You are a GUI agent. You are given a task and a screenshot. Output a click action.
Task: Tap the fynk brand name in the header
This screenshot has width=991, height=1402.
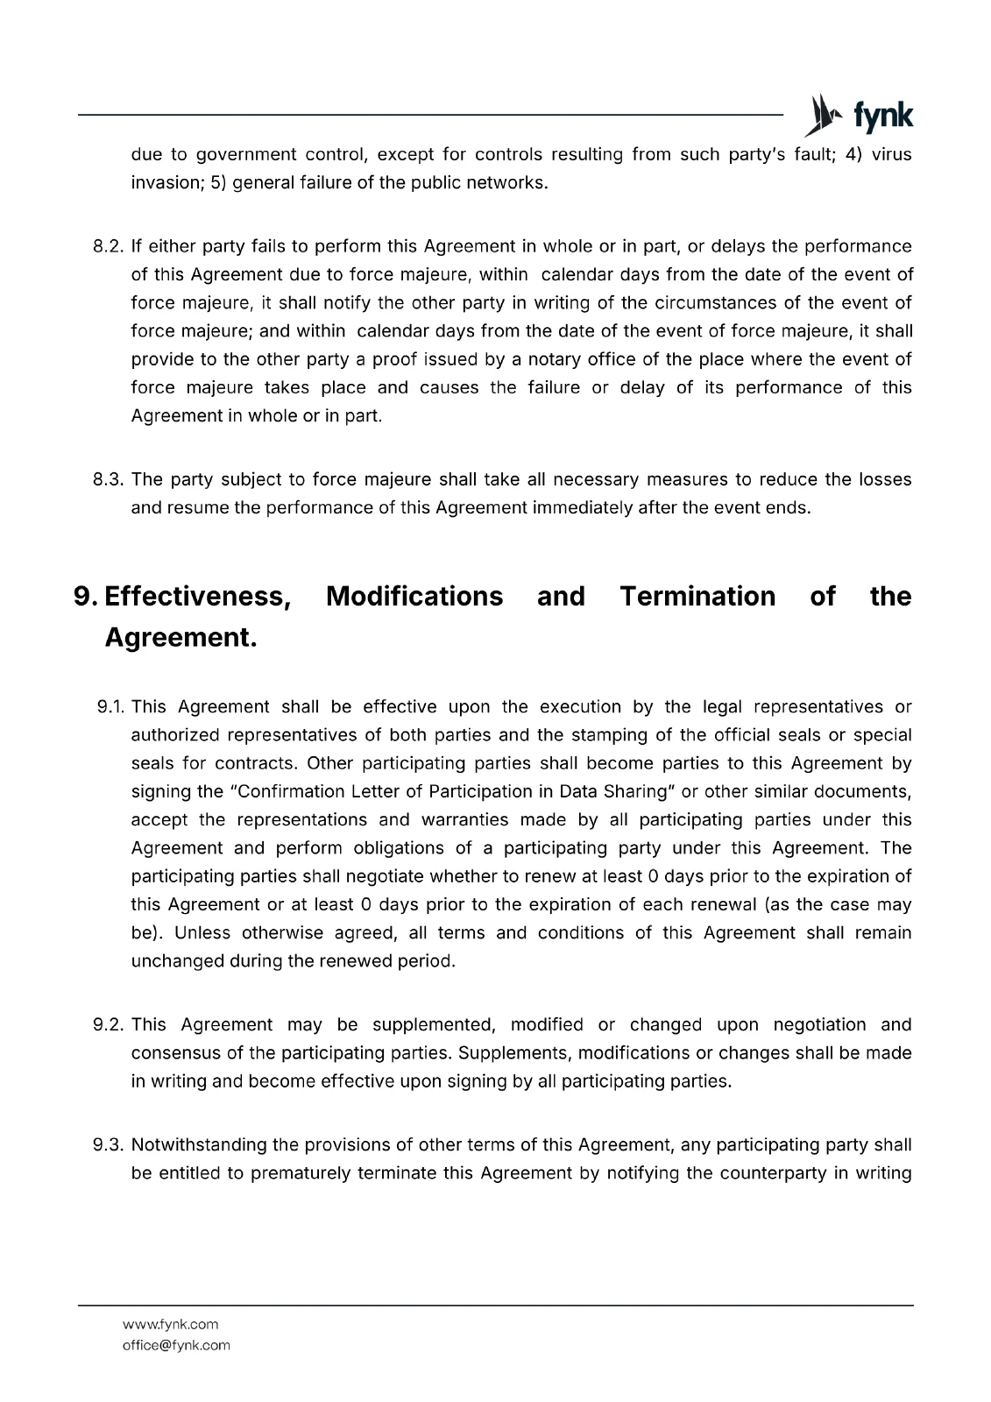[x=882, y=116]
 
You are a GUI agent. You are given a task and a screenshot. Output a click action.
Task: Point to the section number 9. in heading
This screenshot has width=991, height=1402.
[x=86, y=597]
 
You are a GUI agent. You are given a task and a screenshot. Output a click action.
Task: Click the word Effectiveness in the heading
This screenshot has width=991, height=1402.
[x=198, y=597]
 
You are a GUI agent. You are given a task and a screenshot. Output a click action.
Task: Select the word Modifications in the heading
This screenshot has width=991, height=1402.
[x=414, y=597]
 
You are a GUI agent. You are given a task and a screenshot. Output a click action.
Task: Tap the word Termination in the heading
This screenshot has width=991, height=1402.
[x=697, y=597]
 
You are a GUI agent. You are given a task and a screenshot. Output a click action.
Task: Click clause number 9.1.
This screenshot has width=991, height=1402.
[x=111, y=707]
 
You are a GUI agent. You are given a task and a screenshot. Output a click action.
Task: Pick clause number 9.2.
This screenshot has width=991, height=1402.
[x=110, y=1025]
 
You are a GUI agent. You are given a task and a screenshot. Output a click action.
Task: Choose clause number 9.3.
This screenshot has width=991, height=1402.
[x=110, y=1145]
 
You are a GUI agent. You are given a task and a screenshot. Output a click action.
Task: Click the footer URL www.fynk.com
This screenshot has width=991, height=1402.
[x=170, y=1324]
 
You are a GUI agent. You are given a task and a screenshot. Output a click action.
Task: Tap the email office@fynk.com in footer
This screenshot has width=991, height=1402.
[x=176, y=1345]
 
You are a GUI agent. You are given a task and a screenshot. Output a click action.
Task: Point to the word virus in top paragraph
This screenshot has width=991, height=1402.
[x=891, y=155]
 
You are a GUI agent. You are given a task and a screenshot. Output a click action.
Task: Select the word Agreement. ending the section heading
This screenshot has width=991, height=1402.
[x=181, y=638]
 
